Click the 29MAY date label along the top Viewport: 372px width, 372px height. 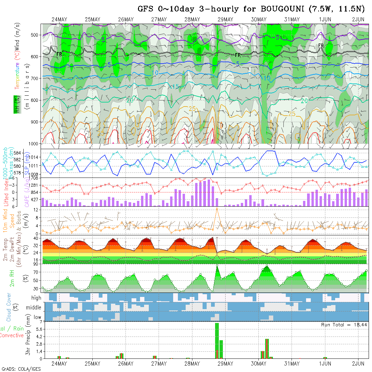click(x=225, y=19)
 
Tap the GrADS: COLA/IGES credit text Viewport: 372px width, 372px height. click(x=21, y=369)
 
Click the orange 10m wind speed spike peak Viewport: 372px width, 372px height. click(x=217, y=208)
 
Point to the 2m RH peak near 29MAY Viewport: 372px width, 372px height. click(x=217, y=266)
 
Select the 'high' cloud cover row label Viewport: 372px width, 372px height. click(x=36, y=298)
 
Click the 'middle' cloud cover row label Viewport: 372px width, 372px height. click(x=34, y=308)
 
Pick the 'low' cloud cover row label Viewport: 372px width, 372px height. click(x=37, y=317)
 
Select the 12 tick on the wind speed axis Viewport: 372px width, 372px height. click(x=36, y=210)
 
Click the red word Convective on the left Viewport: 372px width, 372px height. click(x=12, y=335)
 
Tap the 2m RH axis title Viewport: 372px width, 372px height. click(x=12, y=278)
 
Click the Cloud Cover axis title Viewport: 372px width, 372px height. click(x=9, y=307)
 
